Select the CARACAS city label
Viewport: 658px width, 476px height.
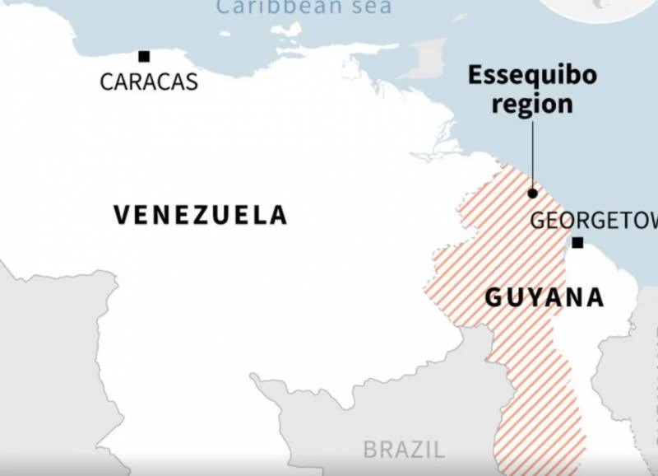[x=149, y=82]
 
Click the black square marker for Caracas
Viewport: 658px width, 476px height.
[x=144, y=56]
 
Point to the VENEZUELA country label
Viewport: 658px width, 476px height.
[x=200, y=215]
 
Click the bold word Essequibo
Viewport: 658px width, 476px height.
[x=532, y=76]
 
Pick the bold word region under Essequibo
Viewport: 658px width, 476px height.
[x=532, y=105]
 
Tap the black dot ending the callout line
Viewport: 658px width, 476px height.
[x=532, y=194]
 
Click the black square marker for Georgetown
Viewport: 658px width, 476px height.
[x=577, y=242]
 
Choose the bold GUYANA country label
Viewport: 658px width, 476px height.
[x=544, y=297]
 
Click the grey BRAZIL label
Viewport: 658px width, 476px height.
[x=404, y=450]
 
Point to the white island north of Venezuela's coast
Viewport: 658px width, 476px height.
[x=287, y=31]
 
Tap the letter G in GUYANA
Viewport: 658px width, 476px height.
[x=493, y=297]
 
